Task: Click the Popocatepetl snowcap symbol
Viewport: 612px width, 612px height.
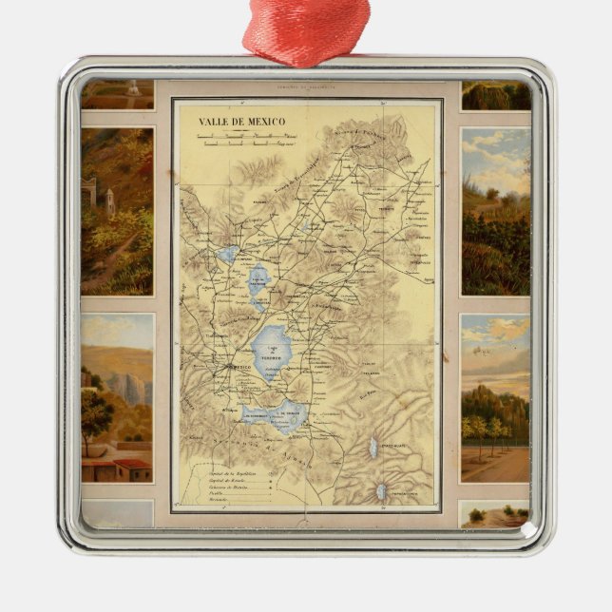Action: coord(381,492)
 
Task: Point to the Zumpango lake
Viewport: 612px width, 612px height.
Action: coord(228,255)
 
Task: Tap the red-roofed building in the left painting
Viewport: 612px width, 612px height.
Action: coord(131,469)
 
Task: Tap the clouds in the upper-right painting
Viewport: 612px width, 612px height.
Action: coord(494,147)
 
